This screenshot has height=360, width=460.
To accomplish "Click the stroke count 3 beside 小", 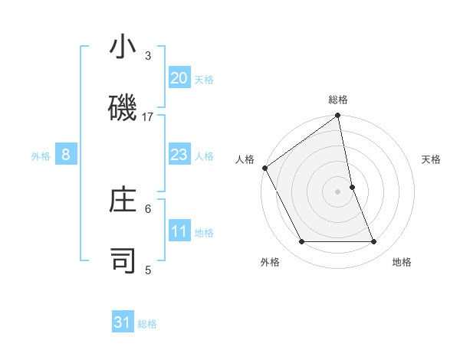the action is (148, 56).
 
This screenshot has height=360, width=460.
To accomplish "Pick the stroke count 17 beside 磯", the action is (148, 116).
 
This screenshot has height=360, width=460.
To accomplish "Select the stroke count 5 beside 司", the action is (148, 270).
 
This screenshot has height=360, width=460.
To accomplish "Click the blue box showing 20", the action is (179, 77).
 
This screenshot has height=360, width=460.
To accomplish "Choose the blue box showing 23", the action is (179, 155).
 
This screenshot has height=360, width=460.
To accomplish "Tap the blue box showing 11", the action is (179, 231).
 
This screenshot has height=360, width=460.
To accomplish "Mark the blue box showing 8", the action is (66, 155).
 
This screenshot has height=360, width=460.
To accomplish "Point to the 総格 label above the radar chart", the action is (338, 100).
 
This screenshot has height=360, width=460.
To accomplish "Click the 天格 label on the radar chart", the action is (432, 159).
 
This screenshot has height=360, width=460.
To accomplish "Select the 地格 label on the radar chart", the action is (402, 262).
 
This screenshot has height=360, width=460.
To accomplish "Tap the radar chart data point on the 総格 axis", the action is (338, 116).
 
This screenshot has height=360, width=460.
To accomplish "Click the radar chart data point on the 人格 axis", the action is (264, 168).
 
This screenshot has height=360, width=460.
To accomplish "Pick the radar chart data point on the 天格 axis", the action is (352, 187).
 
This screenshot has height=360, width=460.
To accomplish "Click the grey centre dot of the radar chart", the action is (338, 191).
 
